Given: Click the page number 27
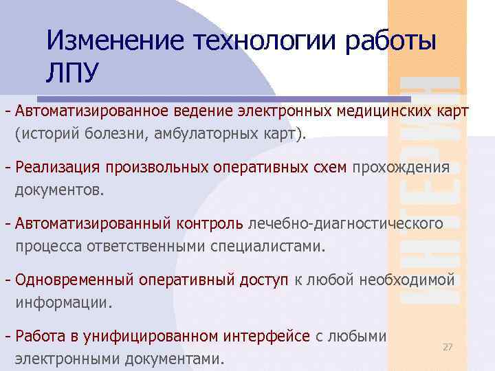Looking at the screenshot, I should pyautogui.click(x=448, y=348).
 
